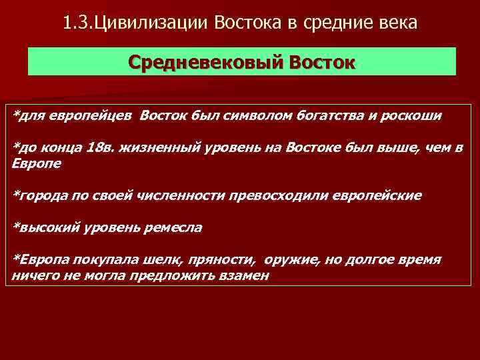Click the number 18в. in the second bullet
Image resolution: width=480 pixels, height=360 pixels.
pyautogui.click(x=101, y=147)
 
